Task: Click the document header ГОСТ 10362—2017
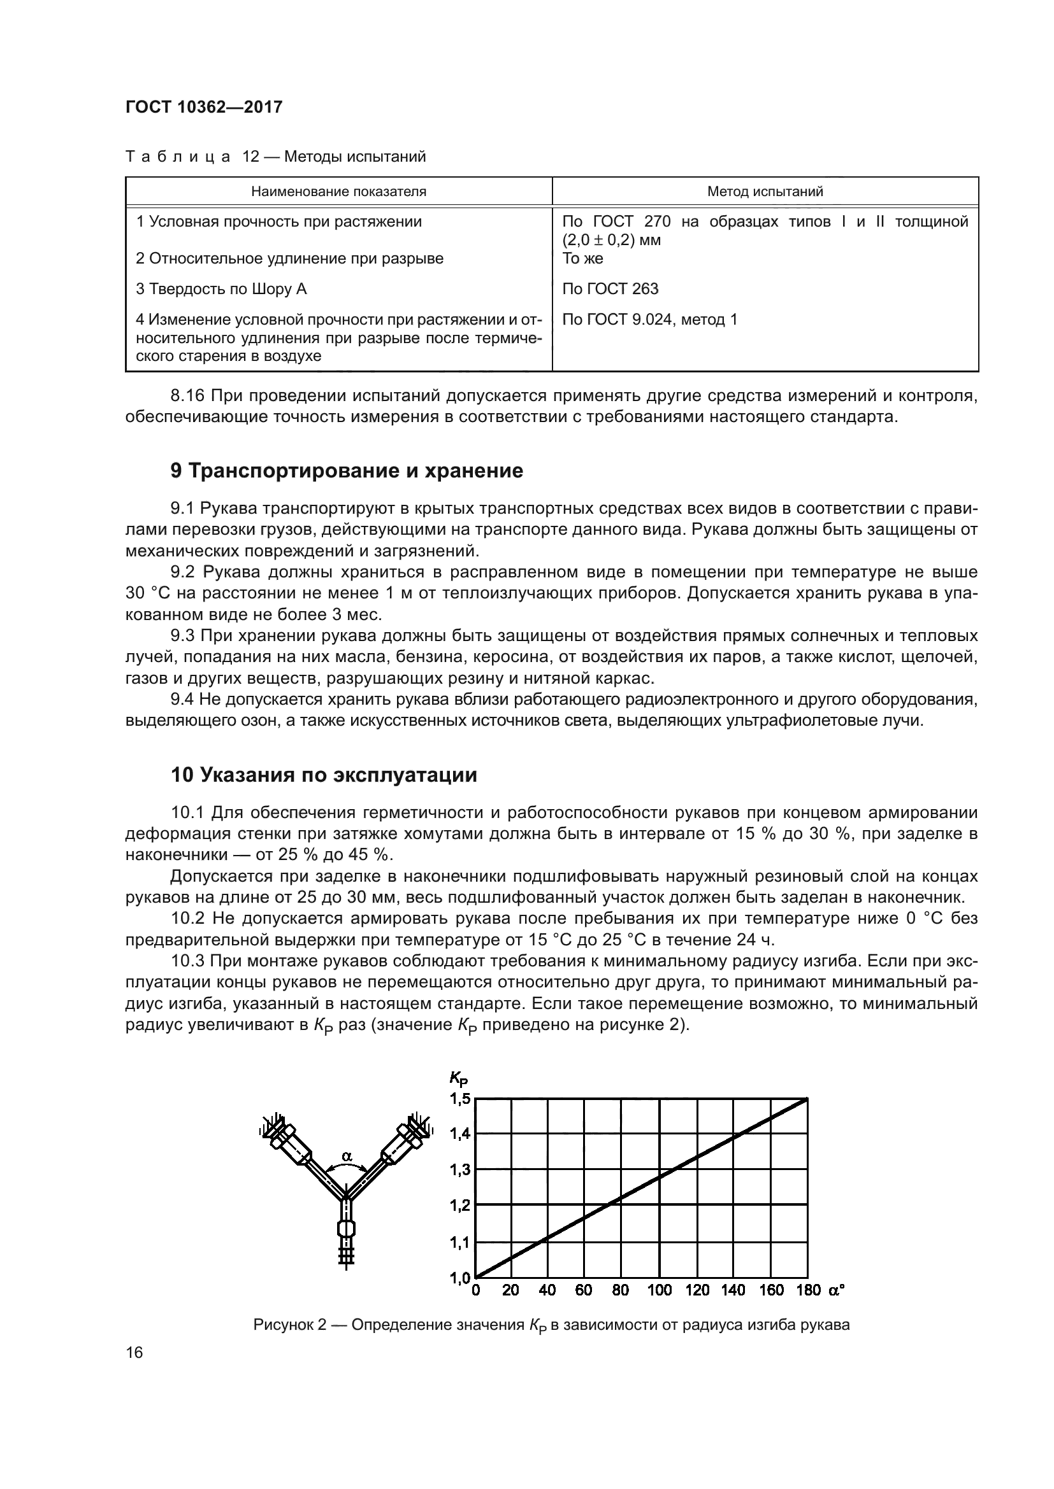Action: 204,107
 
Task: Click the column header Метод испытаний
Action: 765,192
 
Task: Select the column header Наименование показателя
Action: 338,192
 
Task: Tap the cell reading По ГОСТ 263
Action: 610,288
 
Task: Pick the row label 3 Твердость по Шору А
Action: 220,288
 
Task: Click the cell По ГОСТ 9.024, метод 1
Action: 649,320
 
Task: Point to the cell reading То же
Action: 582,258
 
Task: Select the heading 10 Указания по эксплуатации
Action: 323,774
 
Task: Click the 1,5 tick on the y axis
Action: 459,1099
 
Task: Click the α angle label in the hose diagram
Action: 347,1155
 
